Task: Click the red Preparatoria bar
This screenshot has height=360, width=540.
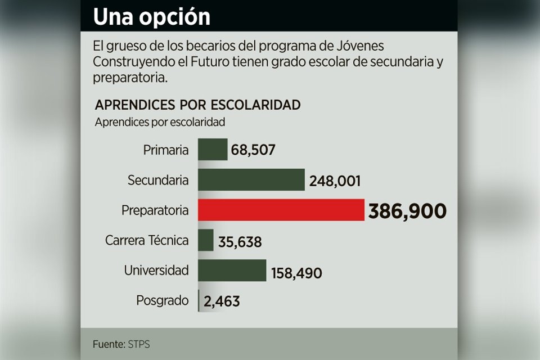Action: [x=281, y=210]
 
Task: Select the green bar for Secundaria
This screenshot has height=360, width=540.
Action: [x=251, y=180]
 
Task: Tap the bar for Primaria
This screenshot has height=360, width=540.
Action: [x=213, y=150]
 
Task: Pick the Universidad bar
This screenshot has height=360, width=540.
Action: [x=232, y=270]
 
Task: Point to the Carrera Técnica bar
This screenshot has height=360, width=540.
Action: [x=206, y=240]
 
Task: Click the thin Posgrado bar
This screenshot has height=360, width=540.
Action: [x=199, y=300]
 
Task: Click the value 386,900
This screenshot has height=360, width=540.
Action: [x=407, y=211]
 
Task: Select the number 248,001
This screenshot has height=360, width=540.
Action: [x=335, y=181]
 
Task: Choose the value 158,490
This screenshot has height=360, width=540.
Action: [x=296, y=273]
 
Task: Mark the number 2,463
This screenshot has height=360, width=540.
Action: [x=222, y=301]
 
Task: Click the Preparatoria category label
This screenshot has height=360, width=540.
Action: [x=155, y=210]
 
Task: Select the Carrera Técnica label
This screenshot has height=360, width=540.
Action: [x=147, y=241]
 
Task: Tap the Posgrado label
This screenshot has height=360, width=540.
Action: [x=162, y=300]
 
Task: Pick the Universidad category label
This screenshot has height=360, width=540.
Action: [x=156, y=271]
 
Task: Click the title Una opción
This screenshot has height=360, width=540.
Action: [x=151, y=17]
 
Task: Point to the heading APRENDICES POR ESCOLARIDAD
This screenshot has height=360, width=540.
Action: [x=197, y=105]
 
